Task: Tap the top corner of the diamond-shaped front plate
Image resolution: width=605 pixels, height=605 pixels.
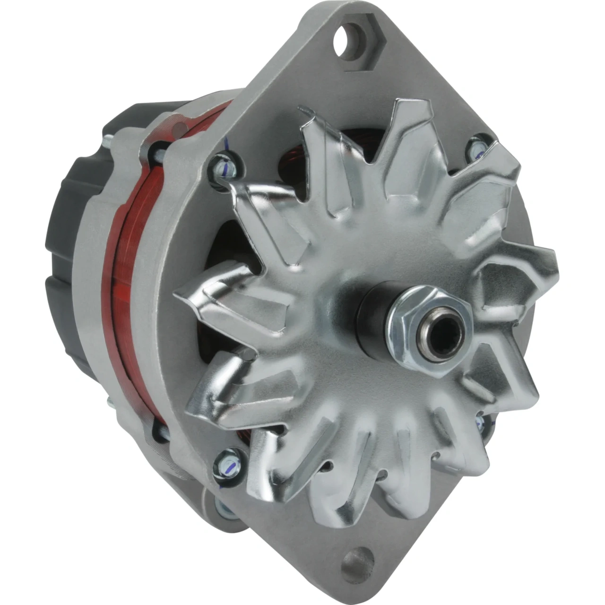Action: (331, 19)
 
